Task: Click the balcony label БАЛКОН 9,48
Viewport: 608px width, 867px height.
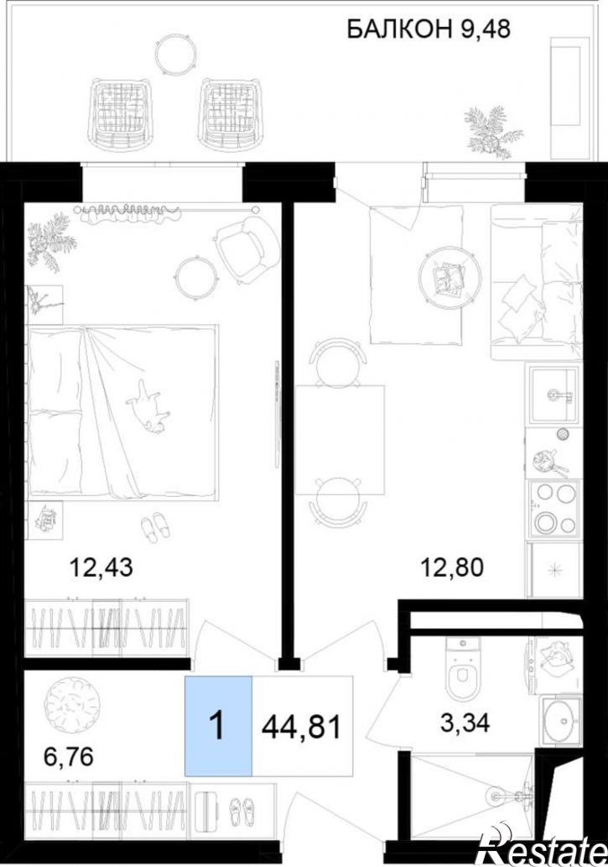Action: point(428,29)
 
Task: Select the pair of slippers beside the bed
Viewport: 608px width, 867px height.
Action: point(157,526)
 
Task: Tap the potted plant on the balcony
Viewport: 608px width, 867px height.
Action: point(491,133)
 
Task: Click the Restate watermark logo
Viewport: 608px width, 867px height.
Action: point(543,850)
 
